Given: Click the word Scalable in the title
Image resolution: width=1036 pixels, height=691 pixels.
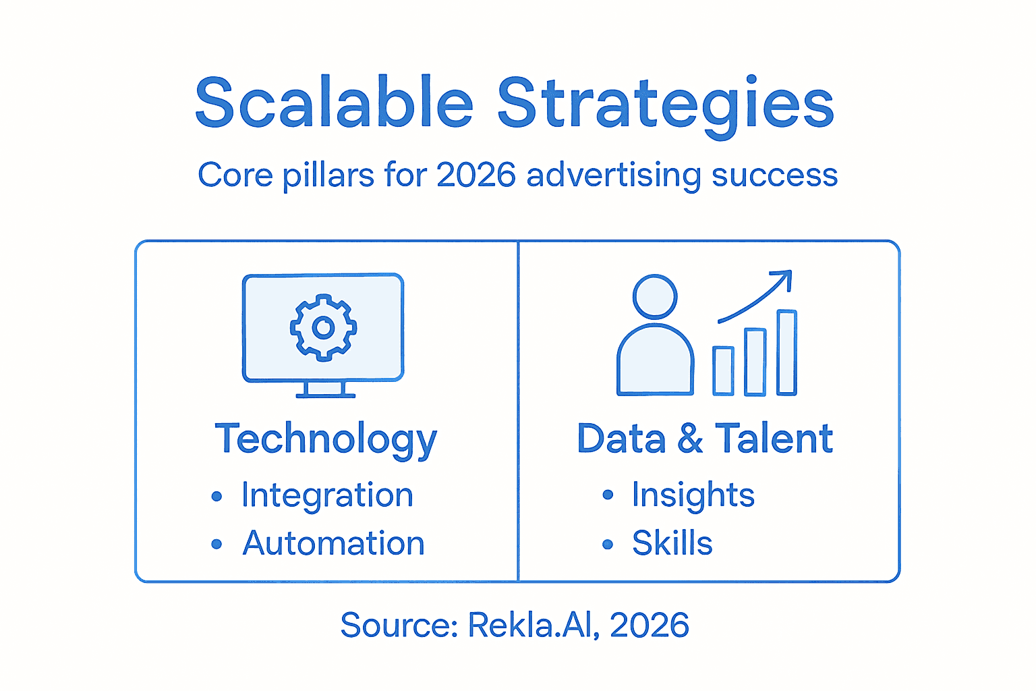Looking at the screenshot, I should click(x=334, y=103).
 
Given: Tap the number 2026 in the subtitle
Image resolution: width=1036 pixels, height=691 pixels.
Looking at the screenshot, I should click(x=476, y=175).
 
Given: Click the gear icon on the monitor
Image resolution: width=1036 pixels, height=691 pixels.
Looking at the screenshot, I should click(x=324, y=327).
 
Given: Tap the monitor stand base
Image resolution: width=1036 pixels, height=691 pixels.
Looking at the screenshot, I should click(x=325, y=395).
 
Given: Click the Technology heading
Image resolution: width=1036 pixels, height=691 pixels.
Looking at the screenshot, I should click(x=326, y=440).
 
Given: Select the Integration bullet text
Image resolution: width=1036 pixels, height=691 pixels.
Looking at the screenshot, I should click(x=327, y=496).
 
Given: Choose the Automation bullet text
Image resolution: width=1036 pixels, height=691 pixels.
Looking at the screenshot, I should click(x=333, y=543).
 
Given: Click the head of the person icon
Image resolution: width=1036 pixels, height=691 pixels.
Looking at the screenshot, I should click(x=654, y=296).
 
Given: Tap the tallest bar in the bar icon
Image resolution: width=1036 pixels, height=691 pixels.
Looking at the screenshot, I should click(x=786, y=352).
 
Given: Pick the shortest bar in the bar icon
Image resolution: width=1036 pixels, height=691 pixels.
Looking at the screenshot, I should click(x=723, y=370).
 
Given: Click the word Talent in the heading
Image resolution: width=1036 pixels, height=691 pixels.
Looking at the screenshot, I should click(x=774, y=439).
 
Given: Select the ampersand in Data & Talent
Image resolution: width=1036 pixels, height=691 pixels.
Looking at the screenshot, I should click(x=690, y=439).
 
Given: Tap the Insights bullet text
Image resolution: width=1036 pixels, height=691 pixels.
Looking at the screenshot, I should click(x=693, y=495).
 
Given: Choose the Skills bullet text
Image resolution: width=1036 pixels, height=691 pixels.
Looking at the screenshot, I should click(x=672, y=543).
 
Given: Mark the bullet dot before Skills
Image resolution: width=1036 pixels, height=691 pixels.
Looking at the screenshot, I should click(x=608, y=544).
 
